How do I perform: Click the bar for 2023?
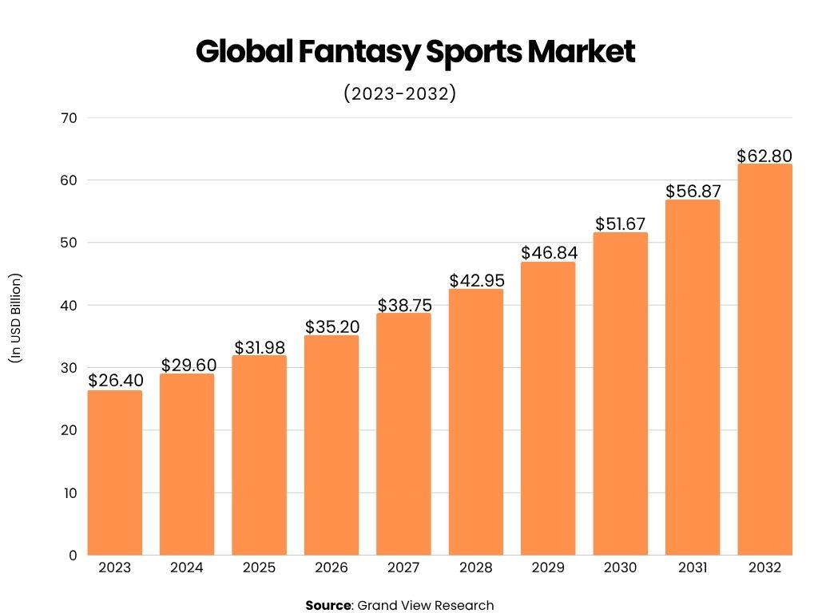pos(115,473)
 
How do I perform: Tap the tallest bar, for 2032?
pos(764,359)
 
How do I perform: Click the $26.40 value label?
pos(115,381)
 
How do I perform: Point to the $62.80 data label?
pos(764,155)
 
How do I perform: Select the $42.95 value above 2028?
pos(476,280)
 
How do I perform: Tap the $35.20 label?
pos(332,326)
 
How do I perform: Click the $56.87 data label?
pos(693,191)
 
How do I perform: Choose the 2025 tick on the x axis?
pos(259,568)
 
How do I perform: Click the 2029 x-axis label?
pos(548,568)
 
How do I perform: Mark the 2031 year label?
pos(693,568)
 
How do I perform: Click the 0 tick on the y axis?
pos(73,556)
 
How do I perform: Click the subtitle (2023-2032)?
pos(399,93)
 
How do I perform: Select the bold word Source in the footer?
pos(328,605)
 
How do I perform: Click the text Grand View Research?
pos(425,605)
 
